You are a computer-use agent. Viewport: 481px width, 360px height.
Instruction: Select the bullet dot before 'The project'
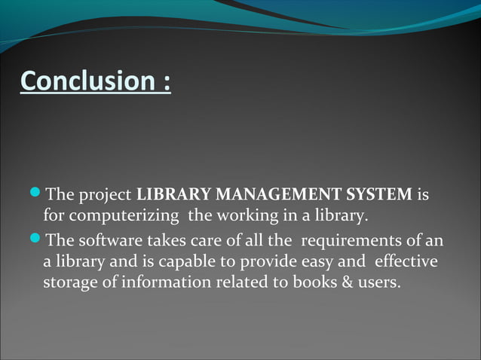pyautogui.click(x=38, y=196)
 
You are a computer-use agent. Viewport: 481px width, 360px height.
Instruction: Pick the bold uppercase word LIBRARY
pyautogui.click(x=166, y=197)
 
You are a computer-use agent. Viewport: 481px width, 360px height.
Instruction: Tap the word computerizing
pyautogui.click(x=133, y=218)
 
